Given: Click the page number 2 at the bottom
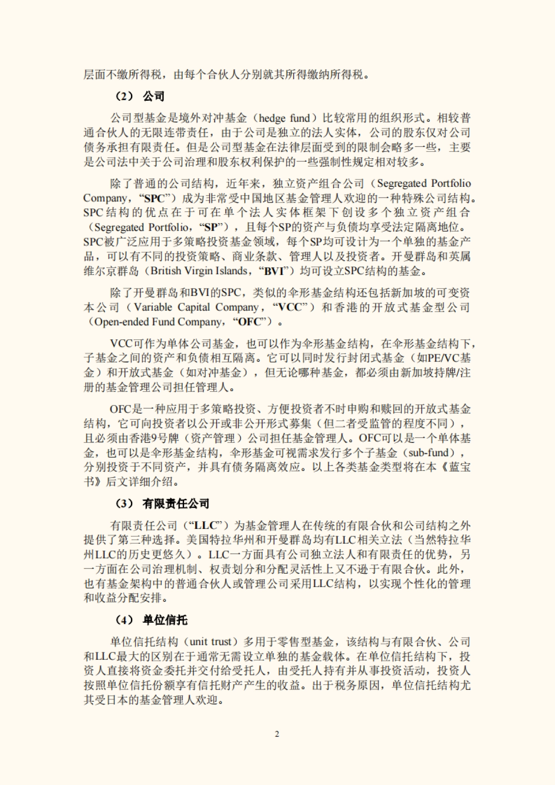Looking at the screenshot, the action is point(277,734).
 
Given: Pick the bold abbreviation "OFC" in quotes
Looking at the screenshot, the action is point(253,322).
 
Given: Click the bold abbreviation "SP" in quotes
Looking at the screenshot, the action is point(210,227).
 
